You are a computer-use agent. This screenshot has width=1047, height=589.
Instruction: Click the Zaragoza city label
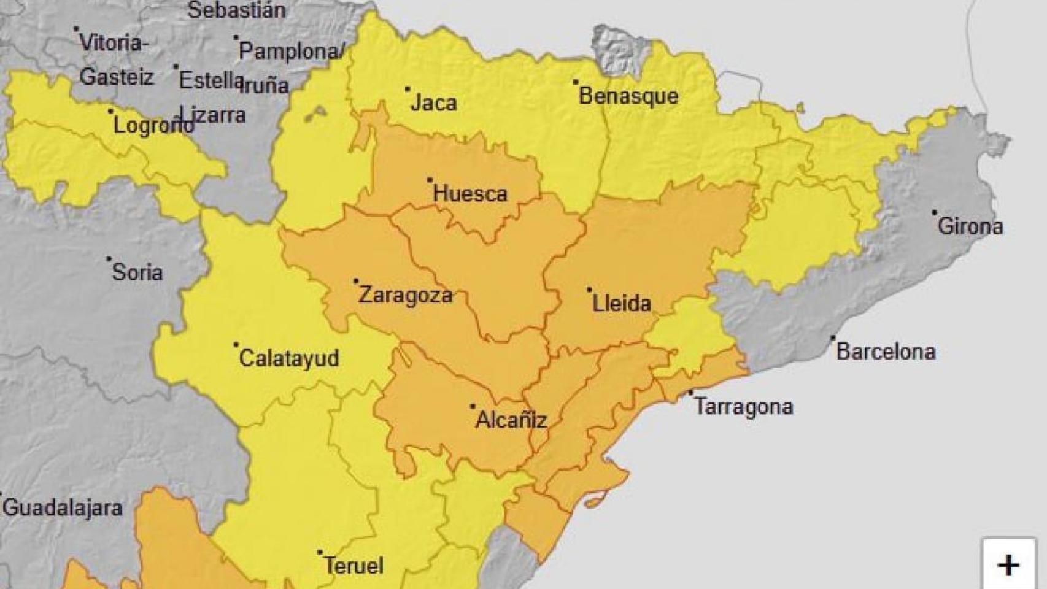405,295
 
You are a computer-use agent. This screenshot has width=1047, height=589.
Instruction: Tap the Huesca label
470,194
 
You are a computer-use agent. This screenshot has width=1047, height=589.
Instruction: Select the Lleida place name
621,303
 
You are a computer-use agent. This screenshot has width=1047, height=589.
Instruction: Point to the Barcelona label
886,352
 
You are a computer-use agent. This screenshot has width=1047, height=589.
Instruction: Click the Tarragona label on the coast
743,406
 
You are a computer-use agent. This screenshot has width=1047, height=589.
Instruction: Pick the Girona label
970,226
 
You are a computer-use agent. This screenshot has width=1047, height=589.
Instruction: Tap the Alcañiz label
511,420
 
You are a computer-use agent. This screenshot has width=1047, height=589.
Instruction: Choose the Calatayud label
288,358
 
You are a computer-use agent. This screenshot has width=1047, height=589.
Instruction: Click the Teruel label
354,566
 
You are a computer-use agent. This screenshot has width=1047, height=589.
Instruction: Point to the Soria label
137,272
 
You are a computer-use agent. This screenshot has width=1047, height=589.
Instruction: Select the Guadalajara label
63,508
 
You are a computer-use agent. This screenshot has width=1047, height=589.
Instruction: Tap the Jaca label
433,103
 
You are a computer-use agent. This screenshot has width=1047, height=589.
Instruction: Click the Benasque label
628,96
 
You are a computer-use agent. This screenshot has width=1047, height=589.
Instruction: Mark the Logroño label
152,126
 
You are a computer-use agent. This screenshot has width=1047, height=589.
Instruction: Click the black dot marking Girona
935,213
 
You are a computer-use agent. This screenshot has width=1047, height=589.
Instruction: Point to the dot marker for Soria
109,259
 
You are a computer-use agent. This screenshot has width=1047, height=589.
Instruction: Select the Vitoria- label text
114,43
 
